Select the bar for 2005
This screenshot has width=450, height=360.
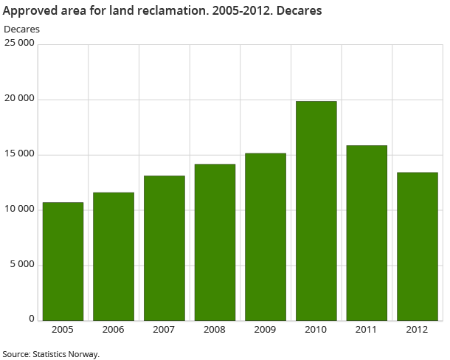pos(63,261)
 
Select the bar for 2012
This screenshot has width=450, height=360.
pos(417,246)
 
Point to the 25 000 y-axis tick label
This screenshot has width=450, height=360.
pos(19,44)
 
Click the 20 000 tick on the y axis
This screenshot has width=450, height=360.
pos(19,99)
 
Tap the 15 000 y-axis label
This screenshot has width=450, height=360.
pos(19,154)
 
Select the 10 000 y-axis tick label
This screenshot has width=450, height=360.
pos(19,210)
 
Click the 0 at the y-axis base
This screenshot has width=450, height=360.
pos(32,319)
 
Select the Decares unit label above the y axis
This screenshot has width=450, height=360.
pos(22,29)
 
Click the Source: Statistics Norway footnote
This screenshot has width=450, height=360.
pos(50,354)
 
